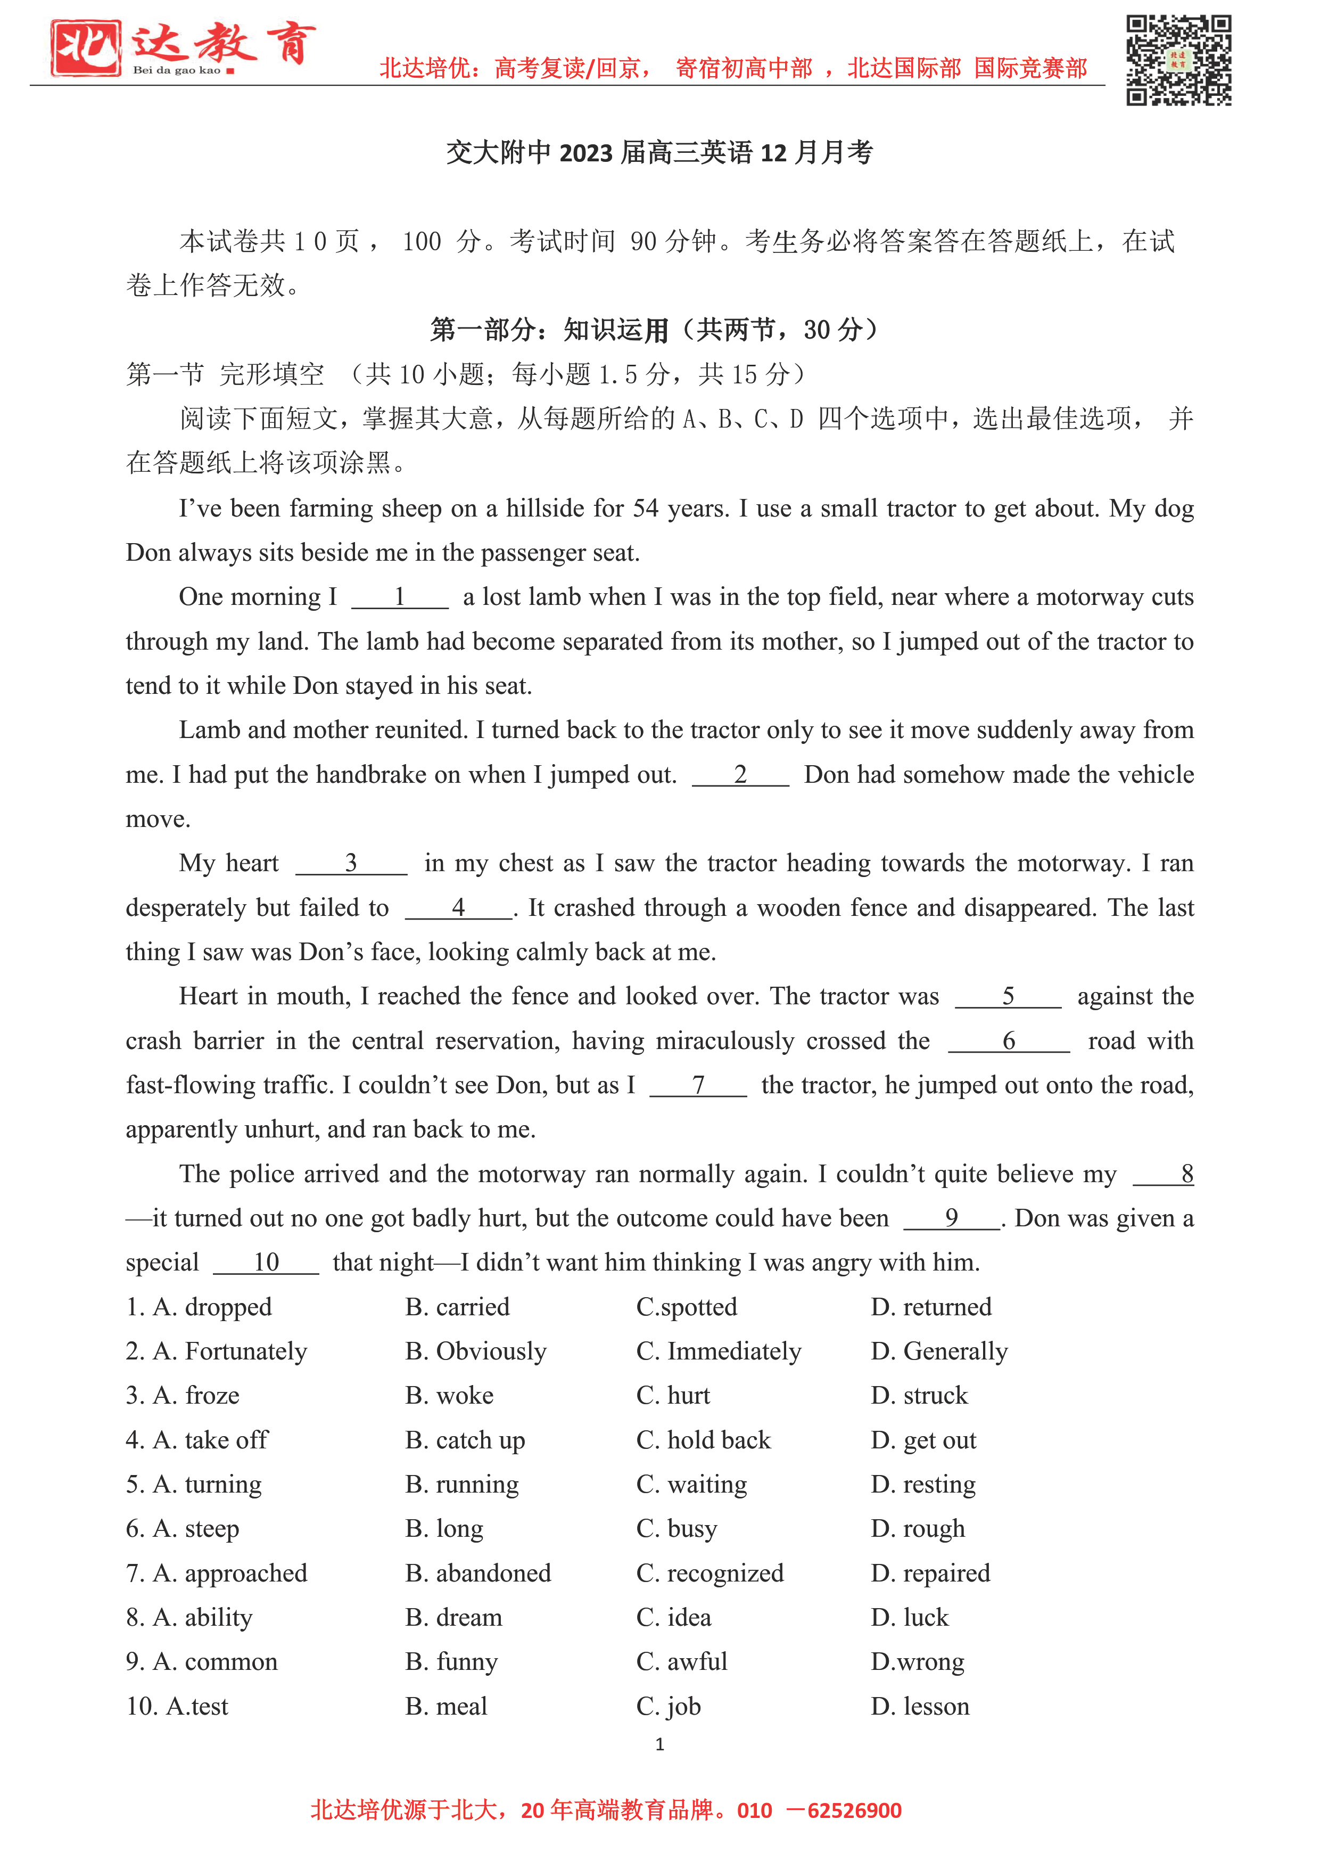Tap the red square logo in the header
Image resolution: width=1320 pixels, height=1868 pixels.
coord(85,48)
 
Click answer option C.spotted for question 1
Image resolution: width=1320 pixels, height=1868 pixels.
coord(687,1307)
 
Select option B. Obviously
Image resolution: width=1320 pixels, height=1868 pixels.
coord(476,1351)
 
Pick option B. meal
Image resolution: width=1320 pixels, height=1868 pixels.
coord(447,1706)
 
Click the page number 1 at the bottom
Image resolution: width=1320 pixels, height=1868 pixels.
coord(659,1744)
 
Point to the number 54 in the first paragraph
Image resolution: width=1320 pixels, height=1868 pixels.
coord(646,509)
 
